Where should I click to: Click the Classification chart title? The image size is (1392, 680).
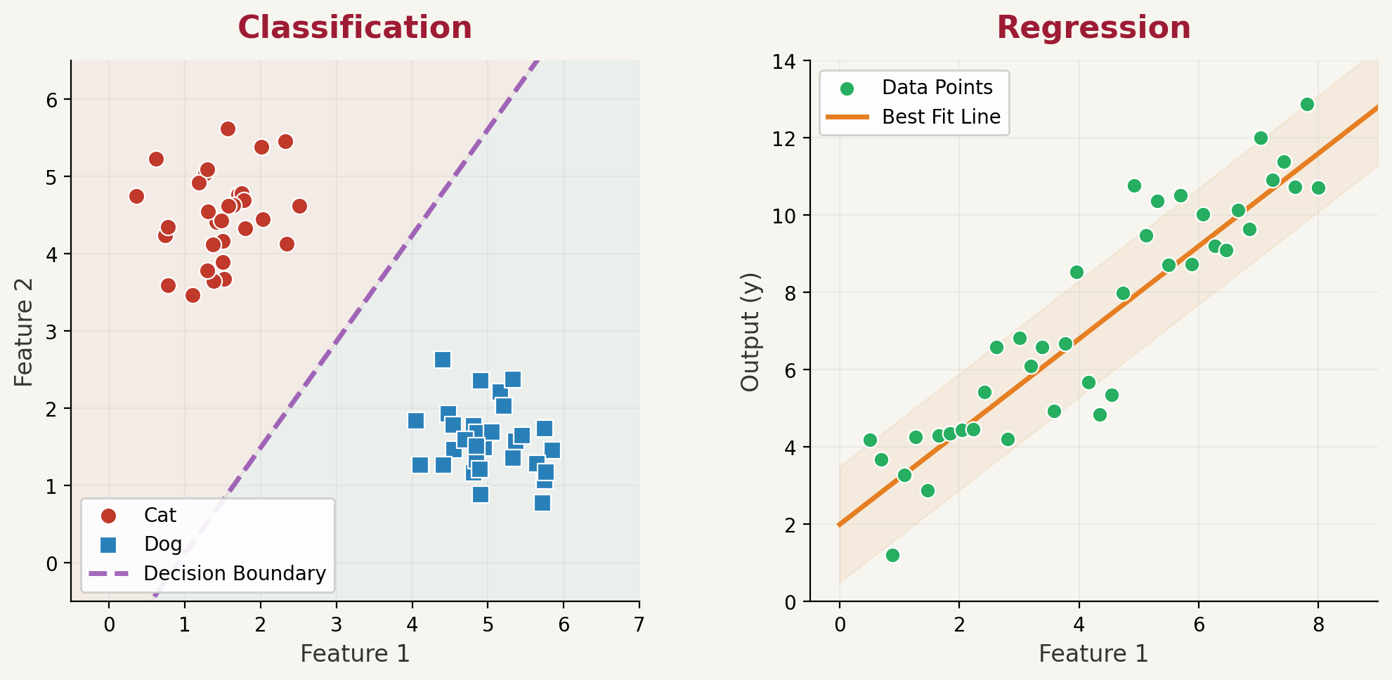coord(355,28)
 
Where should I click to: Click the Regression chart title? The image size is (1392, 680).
coord(1093,28)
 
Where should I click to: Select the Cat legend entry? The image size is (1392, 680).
coord(160,516)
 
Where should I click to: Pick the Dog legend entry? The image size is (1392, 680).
coord(162,544)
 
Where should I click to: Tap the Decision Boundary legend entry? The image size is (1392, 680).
coord(234,574)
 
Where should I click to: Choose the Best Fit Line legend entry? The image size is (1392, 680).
coord(940,117)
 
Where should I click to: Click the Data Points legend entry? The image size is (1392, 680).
coord(937,88)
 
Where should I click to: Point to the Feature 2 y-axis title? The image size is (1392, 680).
coord(24,332)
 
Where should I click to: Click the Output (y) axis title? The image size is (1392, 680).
coord(750,332)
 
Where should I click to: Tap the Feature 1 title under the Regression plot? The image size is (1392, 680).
coord(1093,654)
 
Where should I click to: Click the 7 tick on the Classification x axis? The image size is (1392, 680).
coord(639,625)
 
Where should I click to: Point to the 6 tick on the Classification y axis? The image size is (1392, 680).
coord(51,100)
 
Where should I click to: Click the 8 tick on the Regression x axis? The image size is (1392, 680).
coord(1318,625)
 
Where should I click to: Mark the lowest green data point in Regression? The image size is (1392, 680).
coord(892,556)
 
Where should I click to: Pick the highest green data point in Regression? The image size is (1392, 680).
coord(1307,105)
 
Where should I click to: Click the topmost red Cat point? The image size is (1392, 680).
coord(228,129)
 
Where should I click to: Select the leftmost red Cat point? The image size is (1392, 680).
coord(136,197)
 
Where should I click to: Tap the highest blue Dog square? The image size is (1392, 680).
coord(442,360)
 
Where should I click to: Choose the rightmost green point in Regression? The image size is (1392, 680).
coord(1318,188)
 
